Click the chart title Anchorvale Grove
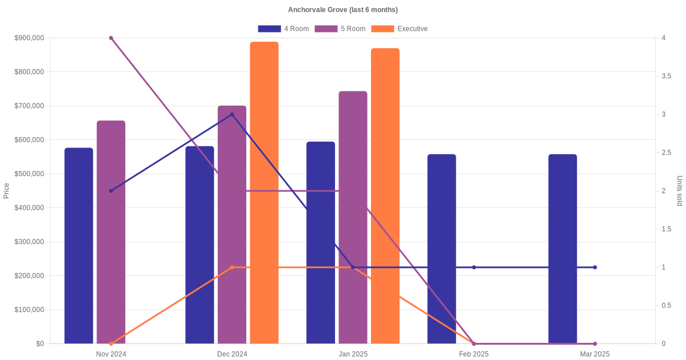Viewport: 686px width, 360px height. (342, 10)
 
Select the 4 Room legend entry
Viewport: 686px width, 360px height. (284, 29)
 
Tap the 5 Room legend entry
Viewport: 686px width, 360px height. (340, 29)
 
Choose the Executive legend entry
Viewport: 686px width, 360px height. (400, 29)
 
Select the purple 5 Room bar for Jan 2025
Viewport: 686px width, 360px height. (353, 217)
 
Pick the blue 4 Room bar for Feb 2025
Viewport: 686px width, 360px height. (441, 249)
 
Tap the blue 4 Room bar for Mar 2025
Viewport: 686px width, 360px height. (563, 249)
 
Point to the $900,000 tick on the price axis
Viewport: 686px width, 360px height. (29, 38)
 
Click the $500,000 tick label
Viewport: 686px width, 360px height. (29, 174)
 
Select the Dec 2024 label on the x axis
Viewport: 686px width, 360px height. (232, 354)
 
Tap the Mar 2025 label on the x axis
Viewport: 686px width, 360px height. (595, 354)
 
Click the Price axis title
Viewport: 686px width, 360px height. (6, 190)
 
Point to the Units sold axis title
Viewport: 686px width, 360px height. (680, 190)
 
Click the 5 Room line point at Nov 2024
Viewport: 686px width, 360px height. (111, 38)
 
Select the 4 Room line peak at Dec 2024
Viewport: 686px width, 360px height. (232, 114)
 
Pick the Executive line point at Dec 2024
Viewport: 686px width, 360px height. (232, 267)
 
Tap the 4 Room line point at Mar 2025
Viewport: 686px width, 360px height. (595, 267)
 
